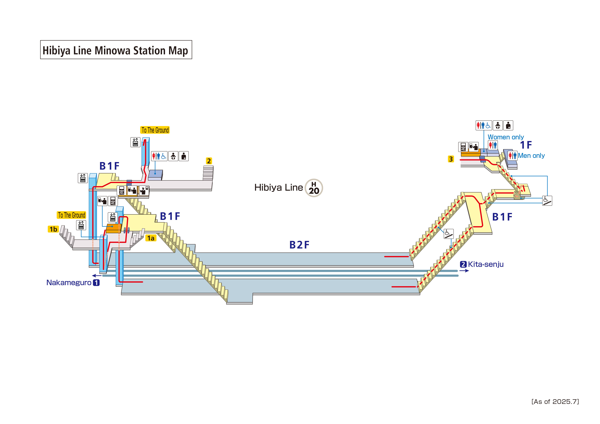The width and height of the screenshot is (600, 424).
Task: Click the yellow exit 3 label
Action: [x=451, y=159]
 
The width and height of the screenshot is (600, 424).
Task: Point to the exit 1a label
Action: [x=151, y=238]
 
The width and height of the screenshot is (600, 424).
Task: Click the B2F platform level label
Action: [x=299, y=245]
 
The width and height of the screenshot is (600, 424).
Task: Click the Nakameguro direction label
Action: [x=69, y=283]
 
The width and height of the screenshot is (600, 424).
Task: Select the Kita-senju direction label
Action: [x=486, y=264]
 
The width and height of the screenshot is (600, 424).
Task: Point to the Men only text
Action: [x=531, y=156]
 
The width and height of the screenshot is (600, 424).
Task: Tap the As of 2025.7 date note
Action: [x=555, y=402]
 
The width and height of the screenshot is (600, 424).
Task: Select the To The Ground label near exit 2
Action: [x=155, y=130]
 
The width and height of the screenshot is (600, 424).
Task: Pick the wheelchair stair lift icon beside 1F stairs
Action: [x=547, y=201]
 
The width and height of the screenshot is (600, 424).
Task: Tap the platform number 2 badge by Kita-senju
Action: [x=463, y=264]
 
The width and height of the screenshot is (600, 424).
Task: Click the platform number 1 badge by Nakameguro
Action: [x=96, y=283]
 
